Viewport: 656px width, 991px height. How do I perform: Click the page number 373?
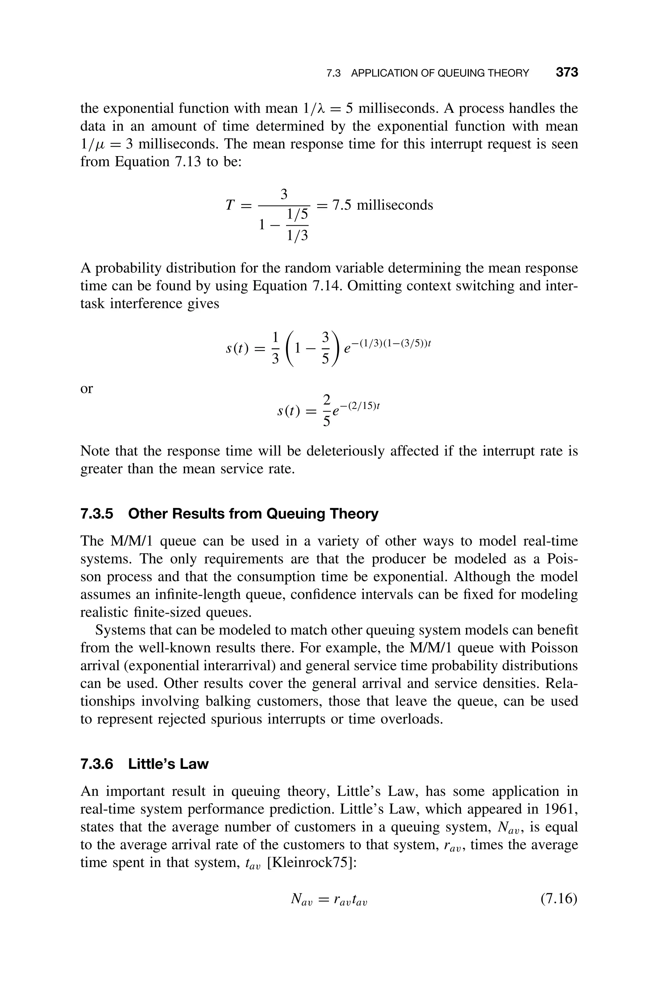point(566,72)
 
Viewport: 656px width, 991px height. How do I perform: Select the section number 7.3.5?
point(97,513)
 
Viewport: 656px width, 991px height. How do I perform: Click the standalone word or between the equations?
point(86,388)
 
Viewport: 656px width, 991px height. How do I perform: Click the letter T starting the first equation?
point(230,205)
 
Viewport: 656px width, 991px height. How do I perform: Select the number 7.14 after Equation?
point(327,286)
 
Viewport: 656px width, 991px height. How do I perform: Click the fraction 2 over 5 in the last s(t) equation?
point(326,410)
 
